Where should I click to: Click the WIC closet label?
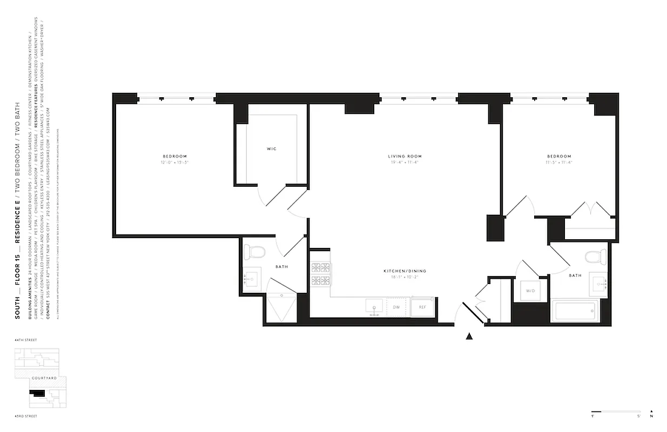[271, 148]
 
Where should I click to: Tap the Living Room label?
[405, 157]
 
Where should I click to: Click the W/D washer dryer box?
[530, 291]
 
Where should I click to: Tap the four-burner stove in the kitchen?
[321, 274]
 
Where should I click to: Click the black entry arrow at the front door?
[469, 336]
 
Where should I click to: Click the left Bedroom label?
[173, 157]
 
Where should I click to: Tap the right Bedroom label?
[558, 157]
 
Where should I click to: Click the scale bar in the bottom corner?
[615, 411]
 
